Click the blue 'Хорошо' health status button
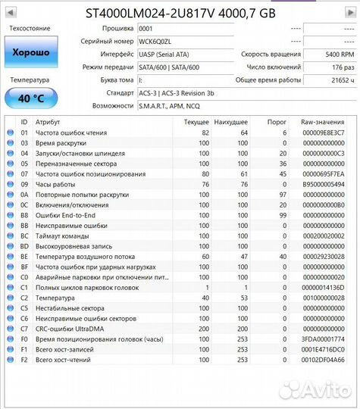pos(30,53)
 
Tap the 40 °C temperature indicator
pos(30,98)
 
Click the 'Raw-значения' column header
pos(322,121)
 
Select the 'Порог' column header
pos(277,121)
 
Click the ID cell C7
pos(23,328)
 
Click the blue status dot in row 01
pos(11,133)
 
